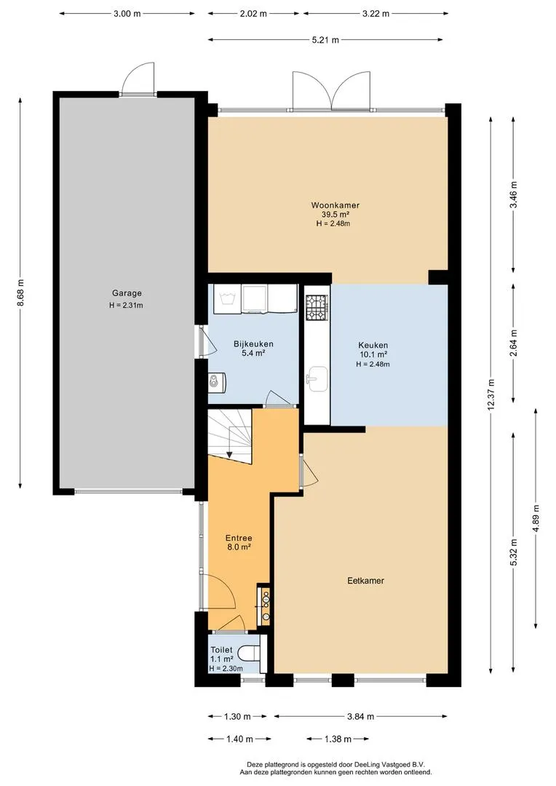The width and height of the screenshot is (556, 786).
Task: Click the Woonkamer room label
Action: click(335, 205)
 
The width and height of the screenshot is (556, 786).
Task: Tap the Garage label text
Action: click(127, 293)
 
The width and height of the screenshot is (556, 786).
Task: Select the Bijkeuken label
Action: click(253, 344)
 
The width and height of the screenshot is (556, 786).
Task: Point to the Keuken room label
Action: click(373, 346)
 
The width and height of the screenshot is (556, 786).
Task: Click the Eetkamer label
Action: click(365, 581)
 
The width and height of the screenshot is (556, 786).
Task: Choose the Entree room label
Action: click(239, 539)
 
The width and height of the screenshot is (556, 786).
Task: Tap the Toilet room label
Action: click(221, 650)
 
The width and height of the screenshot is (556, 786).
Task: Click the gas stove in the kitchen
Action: click(317, 307)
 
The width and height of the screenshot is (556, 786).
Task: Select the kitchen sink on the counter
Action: click(317, 378)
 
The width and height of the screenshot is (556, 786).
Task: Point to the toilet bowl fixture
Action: click(249, 653)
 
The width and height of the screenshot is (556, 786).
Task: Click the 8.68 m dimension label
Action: click(20, 293)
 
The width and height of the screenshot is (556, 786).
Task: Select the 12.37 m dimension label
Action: click(491, 394)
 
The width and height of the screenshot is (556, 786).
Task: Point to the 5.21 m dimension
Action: click(325, 39)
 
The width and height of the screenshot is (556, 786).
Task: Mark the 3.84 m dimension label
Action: click(360, 716)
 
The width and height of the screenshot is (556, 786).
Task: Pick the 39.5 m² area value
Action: click(335, 215)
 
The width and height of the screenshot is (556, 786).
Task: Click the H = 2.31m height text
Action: click(127, 305)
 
